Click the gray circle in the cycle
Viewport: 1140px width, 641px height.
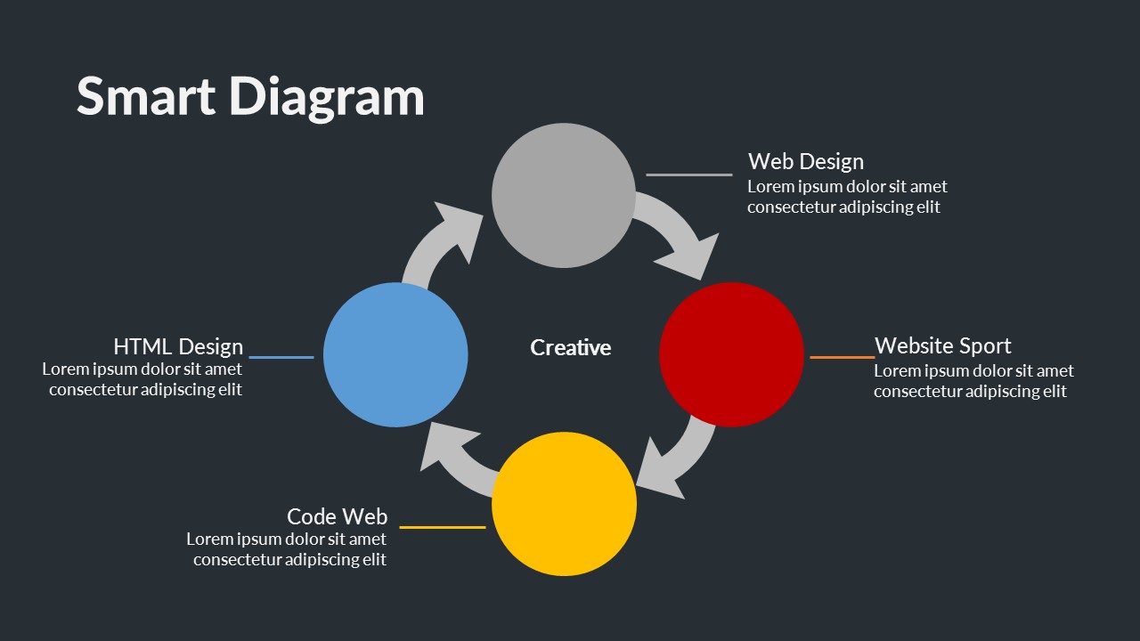click(x=564, y=195)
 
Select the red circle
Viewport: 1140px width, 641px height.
click(x=731, y=354)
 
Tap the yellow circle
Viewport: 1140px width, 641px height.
click(x=564, y=504)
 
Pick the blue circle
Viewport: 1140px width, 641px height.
click(x=395, y=354)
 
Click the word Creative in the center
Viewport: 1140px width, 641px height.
click(x=570, y=347)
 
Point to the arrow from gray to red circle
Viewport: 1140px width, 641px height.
click(x=681, y=236)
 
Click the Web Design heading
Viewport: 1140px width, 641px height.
click(x=805, y=161)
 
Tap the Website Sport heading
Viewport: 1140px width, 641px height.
click(x=942, y=345)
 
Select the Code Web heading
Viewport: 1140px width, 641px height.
click(x=337, y=516)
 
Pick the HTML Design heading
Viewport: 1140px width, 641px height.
click(x=178, y=346)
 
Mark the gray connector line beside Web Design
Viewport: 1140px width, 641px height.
click(x=688, y=174)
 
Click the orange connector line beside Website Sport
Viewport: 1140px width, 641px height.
click(x=842, y=357)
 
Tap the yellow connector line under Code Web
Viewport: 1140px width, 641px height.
click(x=442, y=527)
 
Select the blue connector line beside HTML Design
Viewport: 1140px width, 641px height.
click(x=281, y=357)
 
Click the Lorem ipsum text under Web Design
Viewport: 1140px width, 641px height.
click(x=846, y=197)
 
